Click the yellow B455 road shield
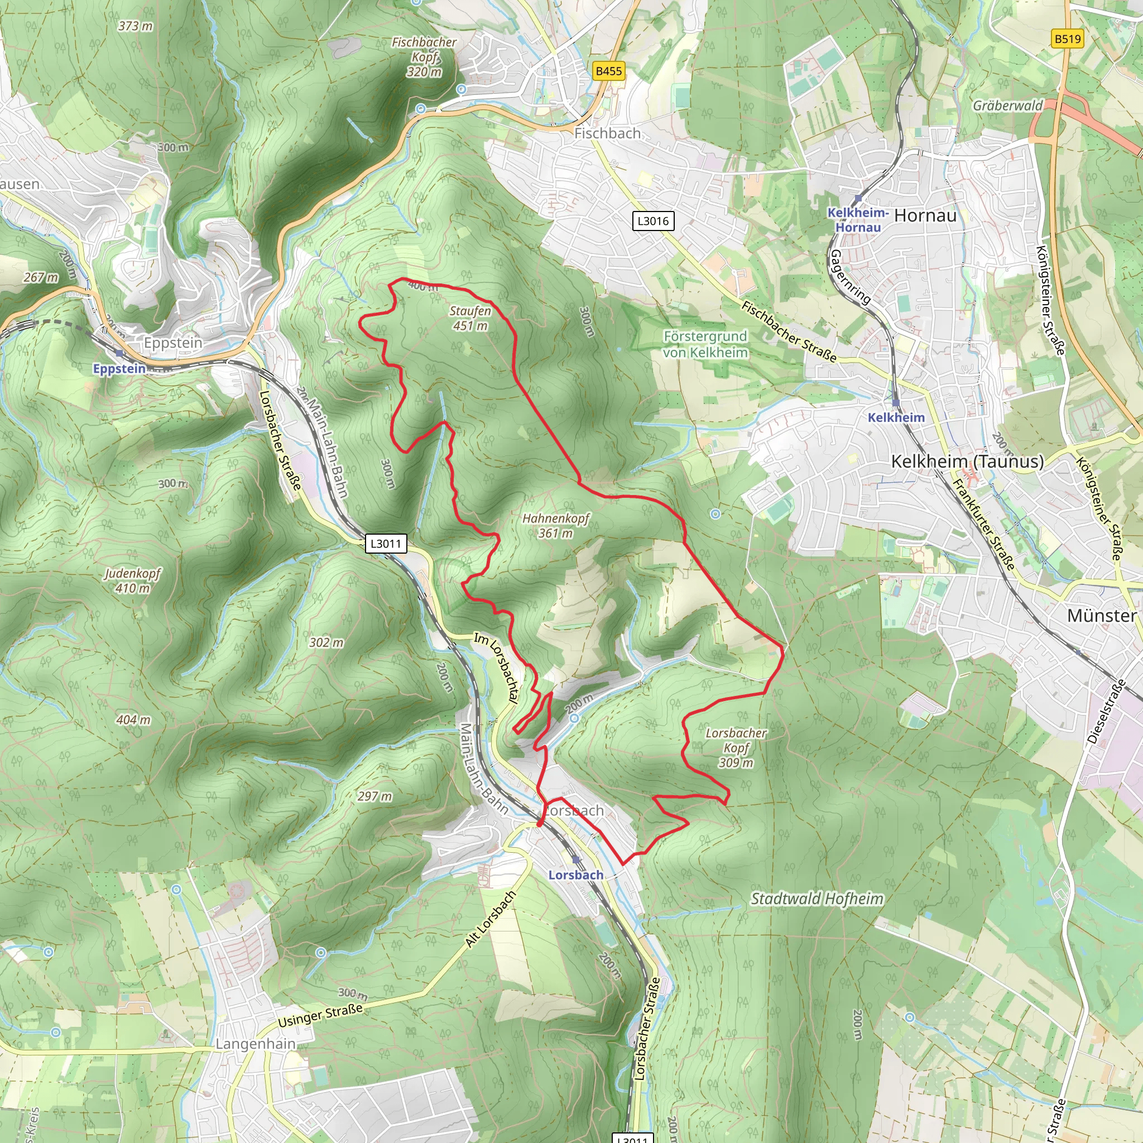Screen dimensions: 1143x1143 [609, 71]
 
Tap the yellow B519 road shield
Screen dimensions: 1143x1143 [1067, 39]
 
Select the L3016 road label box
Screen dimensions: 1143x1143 [652, 221]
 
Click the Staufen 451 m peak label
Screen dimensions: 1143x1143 [470, 318]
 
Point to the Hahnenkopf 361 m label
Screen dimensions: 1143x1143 [555, 525]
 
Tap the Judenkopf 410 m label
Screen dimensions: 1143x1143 [132, 580]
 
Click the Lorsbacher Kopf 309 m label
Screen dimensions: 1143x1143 [736, 748]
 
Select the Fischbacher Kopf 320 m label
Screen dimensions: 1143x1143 [424, 57]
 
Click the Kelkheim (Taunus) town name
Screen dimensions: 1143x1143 [967, 462]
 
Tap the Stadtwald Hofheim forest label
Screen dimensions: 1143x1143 [817, 899]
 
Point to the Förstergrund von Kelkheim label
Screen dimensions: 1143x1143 [705, 344]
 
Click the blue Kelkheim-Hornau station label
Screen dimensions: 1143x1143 [858, 219]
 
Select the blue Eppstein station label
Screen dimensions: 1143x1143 [119, 368]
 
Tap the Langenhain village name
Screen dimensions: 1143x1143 [255, 1044]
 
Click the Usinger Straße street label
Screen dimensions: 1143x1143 [320, 1015]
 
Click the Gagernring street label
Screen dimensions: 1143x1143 [850, 277]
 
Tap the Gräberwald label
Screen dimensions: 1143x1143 [1007, 105]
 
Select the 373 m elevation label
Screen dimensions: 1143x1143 [135, 26]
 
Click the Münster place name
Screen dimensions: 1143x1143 [1102, 616]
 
